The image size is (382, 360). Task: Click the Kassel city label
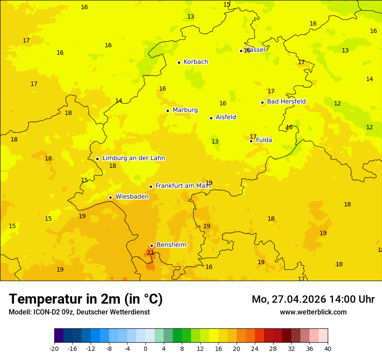[x=256, y=50]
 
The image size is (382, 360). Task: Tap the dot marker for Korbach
[x=179, y=62]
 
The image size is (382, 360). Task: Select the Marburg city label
[x=185, y=110]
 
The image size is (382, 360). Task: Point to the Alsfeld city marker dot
[x=211, y=118]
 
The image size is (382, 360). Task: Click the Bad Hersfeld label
[x=286, y=101]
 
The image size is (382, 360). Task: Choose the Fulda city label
[x=264, y=140]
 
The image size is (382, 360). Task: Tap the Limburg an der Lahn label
[x=133, y=158]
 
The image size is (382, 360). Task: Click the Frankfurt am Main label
[x=183, y=186]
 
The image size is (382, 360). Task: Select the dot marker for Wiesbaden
[x=110, y=197]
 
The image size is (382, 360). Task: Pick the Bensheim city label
[x=171, y=245]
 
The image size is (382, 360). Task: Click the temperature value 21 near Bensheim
[x=150, y=252]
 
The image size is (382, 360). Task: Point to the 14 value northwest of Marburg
[x=119, y=101]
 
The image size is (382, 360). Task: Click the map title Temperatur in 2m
[x=86, y=299]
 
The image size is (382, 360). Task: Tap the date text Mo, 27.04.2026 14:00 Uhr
[x=313, y=299]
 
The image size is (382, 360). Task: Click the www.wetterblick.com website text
[x=313, y=312]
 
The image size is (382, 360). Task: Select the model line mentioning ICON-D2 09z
[x=79, y=312]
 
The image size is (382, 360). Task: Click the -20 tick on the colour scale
[x=54, y=349]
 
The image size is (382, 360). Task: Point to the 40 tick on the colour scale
[x=327, y=349]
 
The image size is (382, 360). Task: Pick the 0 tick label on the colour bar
[x=145, y=349]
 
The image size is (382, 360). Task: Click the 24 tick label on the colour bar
[x=255, y=349]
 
